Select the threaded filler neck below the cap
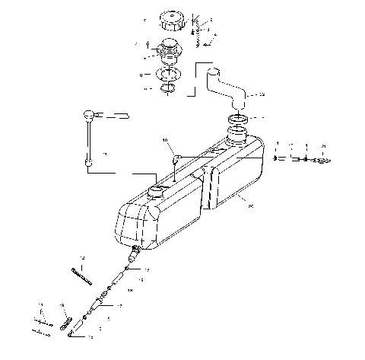click(168, 53)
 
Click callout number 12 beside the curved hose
click(262, 96)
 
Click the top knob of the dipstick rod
click(89, 115)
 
